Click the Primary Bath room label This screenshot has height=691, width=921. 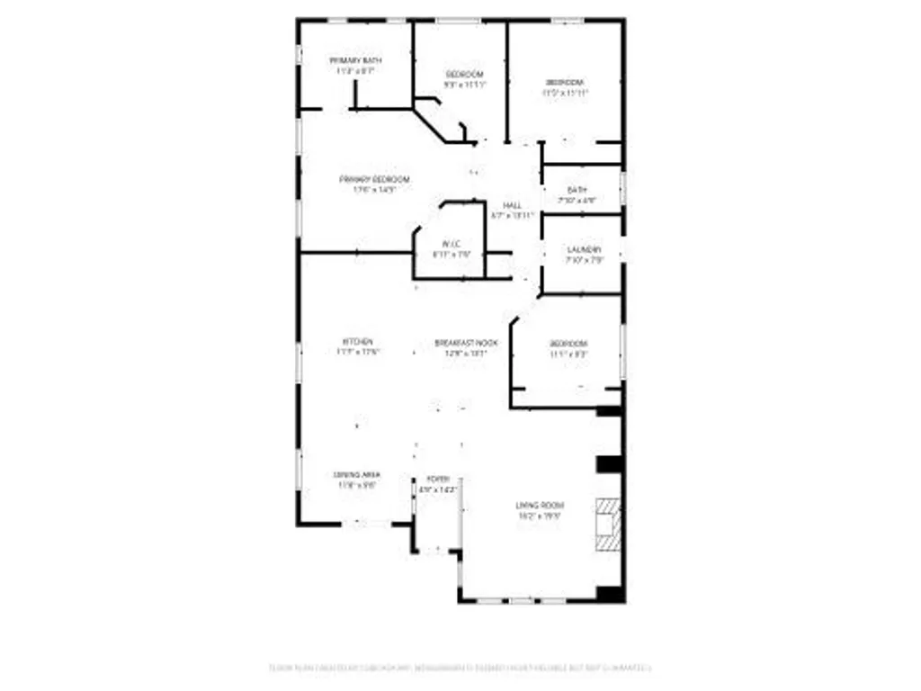(354, 60)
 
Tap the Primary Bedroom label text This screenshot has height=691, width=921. (374, 179)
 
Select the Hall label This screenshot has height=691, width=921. (513, 206)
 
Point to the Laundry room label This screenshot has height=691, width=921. (584, 249)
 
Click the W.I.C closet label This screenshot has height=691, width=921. (452, 244)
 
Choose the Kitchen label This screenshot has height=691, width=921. (357, 342)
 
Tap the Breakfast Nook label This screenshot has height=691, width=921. (466, 343)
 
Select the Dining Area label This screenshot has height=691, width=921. (357, 474)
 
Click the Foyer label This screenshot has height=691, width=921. (438, 479)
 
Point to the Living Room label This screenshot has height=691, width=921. (540, 506)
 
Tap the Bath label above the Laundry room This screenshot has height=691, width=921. (577, 190)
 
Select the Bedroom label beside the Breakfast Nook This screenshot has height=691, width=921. (568, 344)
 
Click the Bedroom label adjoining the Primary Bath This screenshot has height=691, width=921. (465, 74)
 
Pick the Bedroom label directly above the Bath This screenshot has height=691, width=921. (565, 82)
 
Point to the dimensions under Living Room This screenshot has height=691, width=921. (540, 516)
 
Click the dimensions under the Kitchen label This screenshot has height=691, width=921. (357, 353)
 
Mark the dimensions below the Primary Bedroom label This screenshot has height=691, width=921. (374, 190)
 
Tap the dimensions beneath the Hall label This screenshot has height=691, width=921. (513, 216)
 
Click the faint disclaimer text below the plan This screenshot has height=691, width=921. (460, 668)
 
